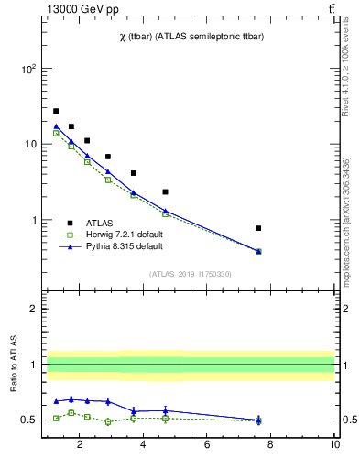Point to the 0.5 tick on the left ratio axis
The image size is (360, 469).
pos(28,420)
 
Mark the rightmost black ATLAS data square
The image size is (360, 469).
pos(258,228)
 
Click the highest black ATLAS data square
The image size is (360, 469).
pos(56,111)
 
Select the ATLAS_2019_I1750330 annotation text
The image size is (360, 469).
pos(190,274)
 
